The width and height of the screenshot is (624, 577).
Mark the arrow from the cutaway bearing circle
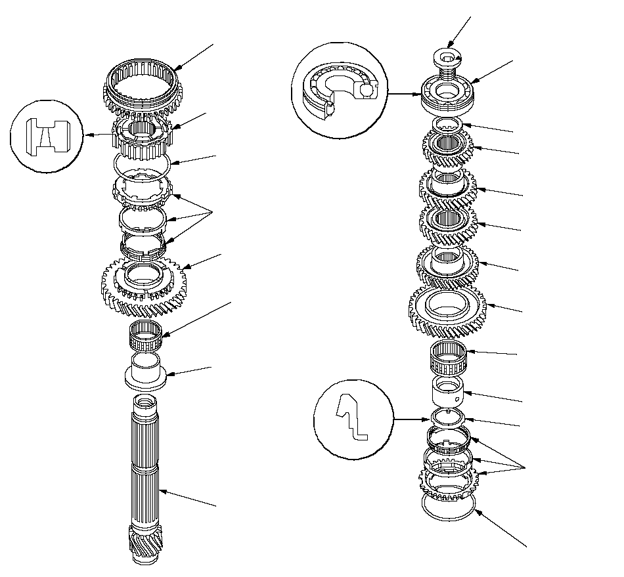point(405,94)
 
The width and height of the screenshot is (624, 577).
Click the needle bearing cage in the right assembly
point(447,358)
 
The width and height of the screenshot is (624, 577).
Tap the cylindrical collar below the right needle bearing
point(447,393)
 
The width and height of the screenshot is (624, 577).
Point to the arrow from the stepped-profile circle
point(410,418)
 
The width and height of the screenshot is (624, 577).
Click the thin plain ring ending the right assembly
point(447,507)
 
